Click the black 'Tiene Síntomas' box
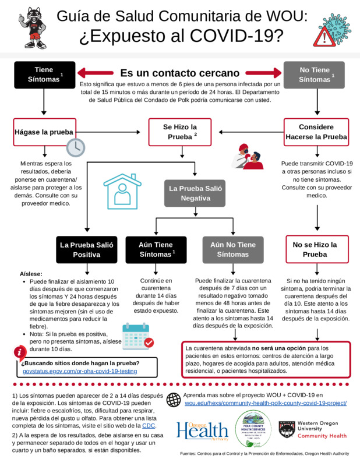tap(44, 75)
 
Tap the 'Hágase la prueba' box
tap(44, 132)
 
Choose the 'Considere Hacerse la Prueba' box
tap(316, 132)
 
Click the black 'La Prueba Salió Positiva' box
tap(86, 250)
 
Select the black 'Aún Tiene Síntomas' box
tap(156, 250)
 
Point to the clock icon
tap(76, 147)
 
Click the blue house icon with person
tap(122, 190)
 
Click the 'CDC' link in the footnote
tap(149, 426)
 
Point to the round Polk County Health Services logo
tap(253, 429)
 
